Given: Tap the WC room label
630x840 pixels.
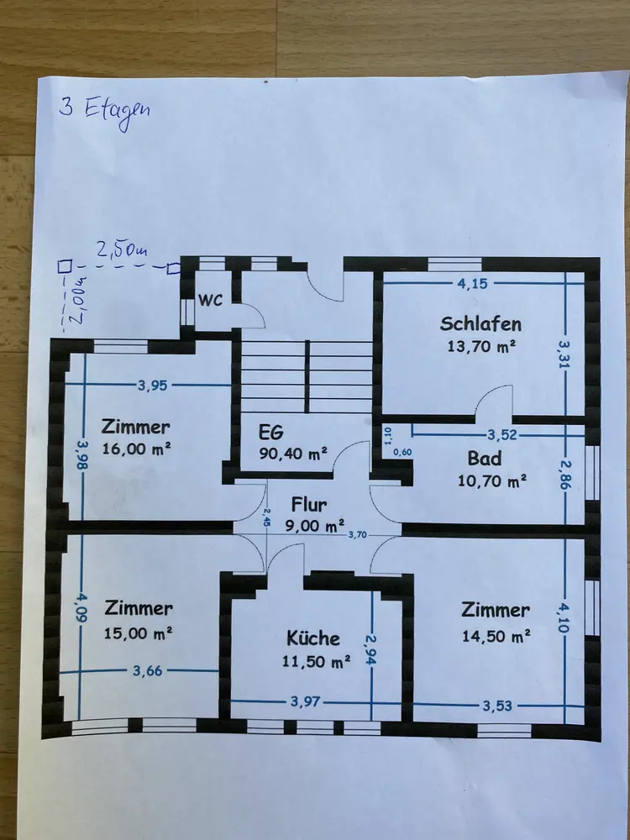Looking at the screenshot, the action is tap(210, 300).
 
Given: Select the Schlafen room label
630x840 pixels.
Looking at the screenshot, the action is tap(481, 324).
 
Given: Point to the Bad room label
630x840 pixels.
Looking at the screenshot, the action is tap(485, 459).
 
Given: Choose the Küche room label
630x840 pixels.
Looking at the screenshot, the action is tap(313, 638).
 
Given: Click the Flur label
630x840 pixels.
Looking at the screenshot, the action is tap(309, 506).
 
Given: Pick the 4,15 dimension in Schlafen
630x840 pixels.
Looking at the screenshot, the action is tap(473, 283).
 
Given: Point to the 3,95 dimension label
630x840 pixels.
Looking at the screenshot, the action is tap(153, 386).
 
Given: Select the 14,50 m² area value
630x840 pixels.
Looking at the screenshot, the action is tap(496, 636).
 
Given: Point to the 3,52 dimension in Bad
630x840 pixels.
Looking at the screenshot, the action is tap(502, 435).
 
